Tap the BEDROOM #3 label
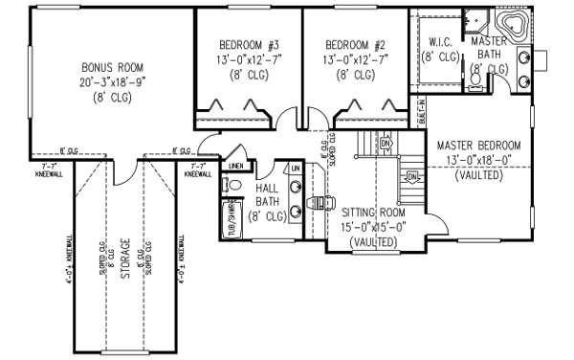coord(249,45)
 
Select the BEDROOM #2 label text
coord(355,45)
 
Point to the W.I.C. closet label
coord(440,42)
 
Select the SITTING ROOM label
coord(373,213)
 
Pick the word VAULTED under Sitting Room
coord(373,242)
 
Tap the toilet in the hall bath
coord(235,185)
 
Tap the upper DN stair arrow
coord(386,145)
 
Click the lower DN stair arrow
coord(411,176)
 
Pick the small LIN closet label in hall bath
coord(296,169)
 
